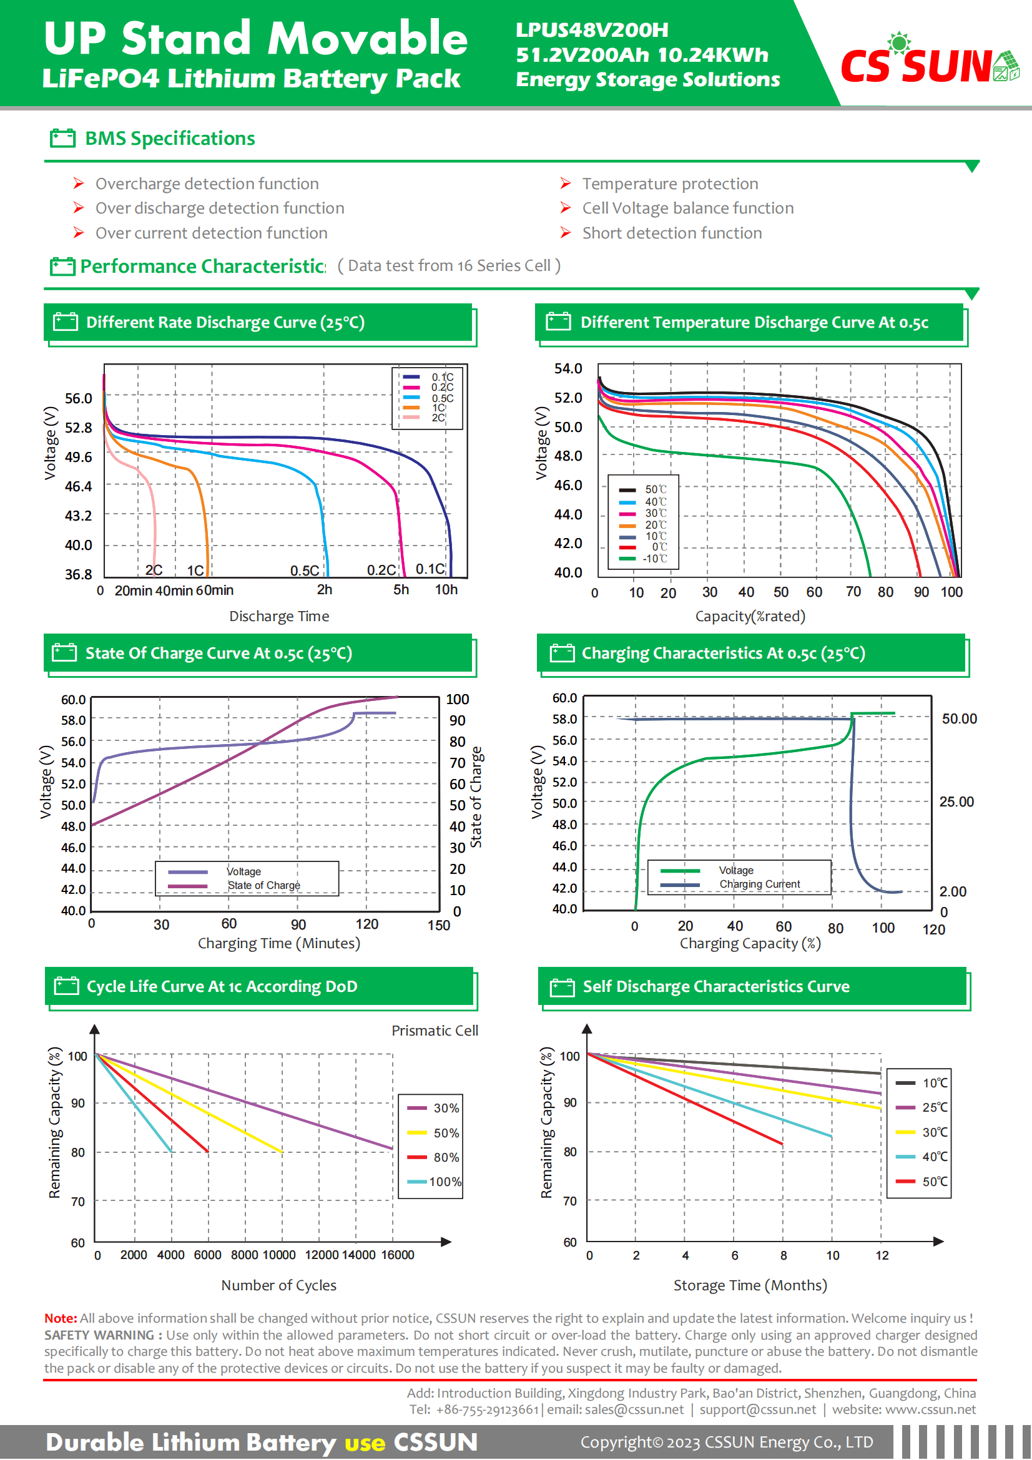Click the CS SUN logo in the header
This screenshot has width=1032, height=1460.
[x=928, y=64]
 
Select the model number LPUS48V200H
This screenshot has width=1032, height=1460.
[x=591, y=30]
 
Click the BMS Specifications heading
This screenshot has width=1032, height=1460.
[x=170, y=139]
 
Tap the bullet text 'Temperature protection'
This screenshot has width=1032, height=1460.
[x=669, y=184]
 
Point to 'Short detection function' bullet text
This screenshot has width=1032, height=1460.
[x=672, y=233]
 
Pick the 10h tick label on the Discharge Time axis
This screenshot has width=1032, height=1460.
[x=446, y=589]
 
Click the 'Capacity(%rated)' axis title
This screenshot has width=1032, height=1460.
[x=750, y=616]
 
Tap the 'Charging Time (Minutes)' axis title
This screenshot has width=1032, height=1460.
[x=278, y=943]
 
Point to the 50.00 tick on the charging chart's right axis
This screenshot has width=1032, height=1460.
[x=959, y=718]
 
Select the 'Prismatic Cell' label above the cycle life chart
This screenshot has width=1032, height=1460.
[x=435, y=1031]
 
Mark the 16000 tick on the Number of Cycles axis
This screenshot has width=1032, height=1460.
[x=398, y=1255]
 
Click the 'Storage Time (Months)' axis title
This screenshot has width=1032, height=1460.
[x=750, y=1285]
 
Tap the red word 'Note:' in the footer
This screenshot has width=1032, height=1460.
[x=61, y=1318]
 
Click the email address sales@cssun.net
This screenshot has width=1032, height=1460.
[x=633, y=1409]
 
